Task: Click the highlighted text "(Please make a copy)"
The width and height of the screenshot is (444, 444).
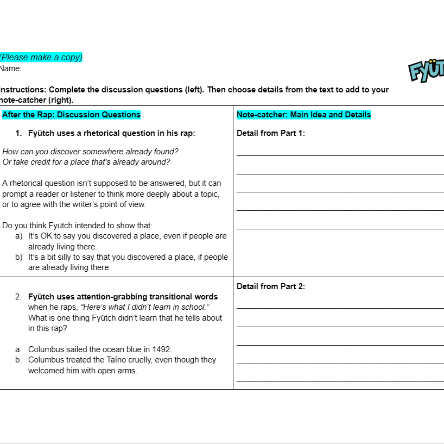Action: (x=41, y=57)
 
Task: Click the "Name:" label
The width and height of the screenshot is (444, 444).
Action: (x=11, y=68)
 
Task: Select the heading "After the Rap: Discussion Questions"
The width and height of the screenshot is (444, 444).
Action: (x=71, y=115)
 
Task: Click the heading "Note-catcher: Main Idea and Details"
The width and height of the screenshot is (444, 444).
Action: (x=303, y=115)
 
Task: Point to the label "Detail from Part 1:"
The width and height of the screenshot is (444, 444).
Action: (x=271, y=133)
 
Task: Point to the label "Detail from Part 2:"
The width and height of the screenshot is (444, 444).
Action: (x=271, y=286)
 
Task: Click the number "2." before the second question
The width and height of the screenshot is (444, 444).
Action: (x=18, y=297)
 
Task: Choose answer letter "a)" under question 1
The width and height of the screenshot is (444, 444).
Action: (x=19, y=236)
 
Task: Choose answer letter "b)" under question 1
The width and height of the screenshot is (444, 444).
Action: (x=19, y=257)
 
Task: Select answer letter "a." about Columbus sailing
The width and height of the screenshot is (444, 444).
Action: (x=18, y=349)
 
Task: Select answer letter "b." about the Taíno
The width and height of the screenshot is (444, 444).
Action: (x=18, y=360)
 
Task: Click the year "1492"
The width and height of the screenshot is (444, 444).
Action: (x=162, y=349)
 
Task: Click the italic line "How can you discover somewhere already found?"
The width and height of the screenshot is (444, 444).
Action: (x=90, y=152)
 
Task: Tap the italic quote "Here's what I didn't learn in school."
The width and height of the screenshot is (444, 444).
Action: (x=145, y=307)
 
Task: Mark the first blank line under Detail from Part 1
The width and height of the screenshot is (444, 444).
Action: (x=340, y=155)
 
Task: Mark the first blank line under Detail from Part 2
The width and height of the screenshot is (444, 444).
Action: (x=340, y=308)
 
